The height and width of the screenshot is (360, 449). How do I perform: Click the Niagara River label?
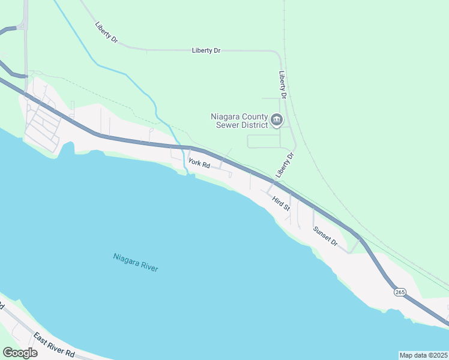click(x=136, y=262)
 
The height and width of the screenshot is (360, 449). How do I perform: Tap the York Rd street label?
click(x=199, y=163)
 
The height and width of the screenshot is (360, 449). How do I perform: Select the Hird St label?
click(x=280, y=203)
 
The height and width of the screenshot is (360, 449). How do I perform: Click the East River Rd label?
click(x=53, y=345)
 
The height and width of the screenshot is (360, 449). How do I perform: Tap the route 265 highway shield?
click(x=400, y=292)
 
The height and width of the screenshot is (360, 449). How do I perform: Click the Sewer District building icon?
click(x=277, y=121)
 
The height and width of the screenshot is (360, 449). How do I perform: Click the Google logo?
click(x=20, y=353)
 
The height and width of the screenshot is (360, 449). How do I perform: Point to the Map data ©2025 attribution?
click(x=424, y=355)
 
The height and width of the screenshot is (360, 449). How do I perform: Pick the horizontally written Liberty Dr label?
click(x=206, y=51)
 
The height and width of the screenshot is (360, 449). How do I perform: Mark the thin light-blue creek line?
click(x=127, y=74)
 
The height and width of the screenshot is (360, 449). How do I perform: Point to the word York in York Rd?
click(x=194, y=161)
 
